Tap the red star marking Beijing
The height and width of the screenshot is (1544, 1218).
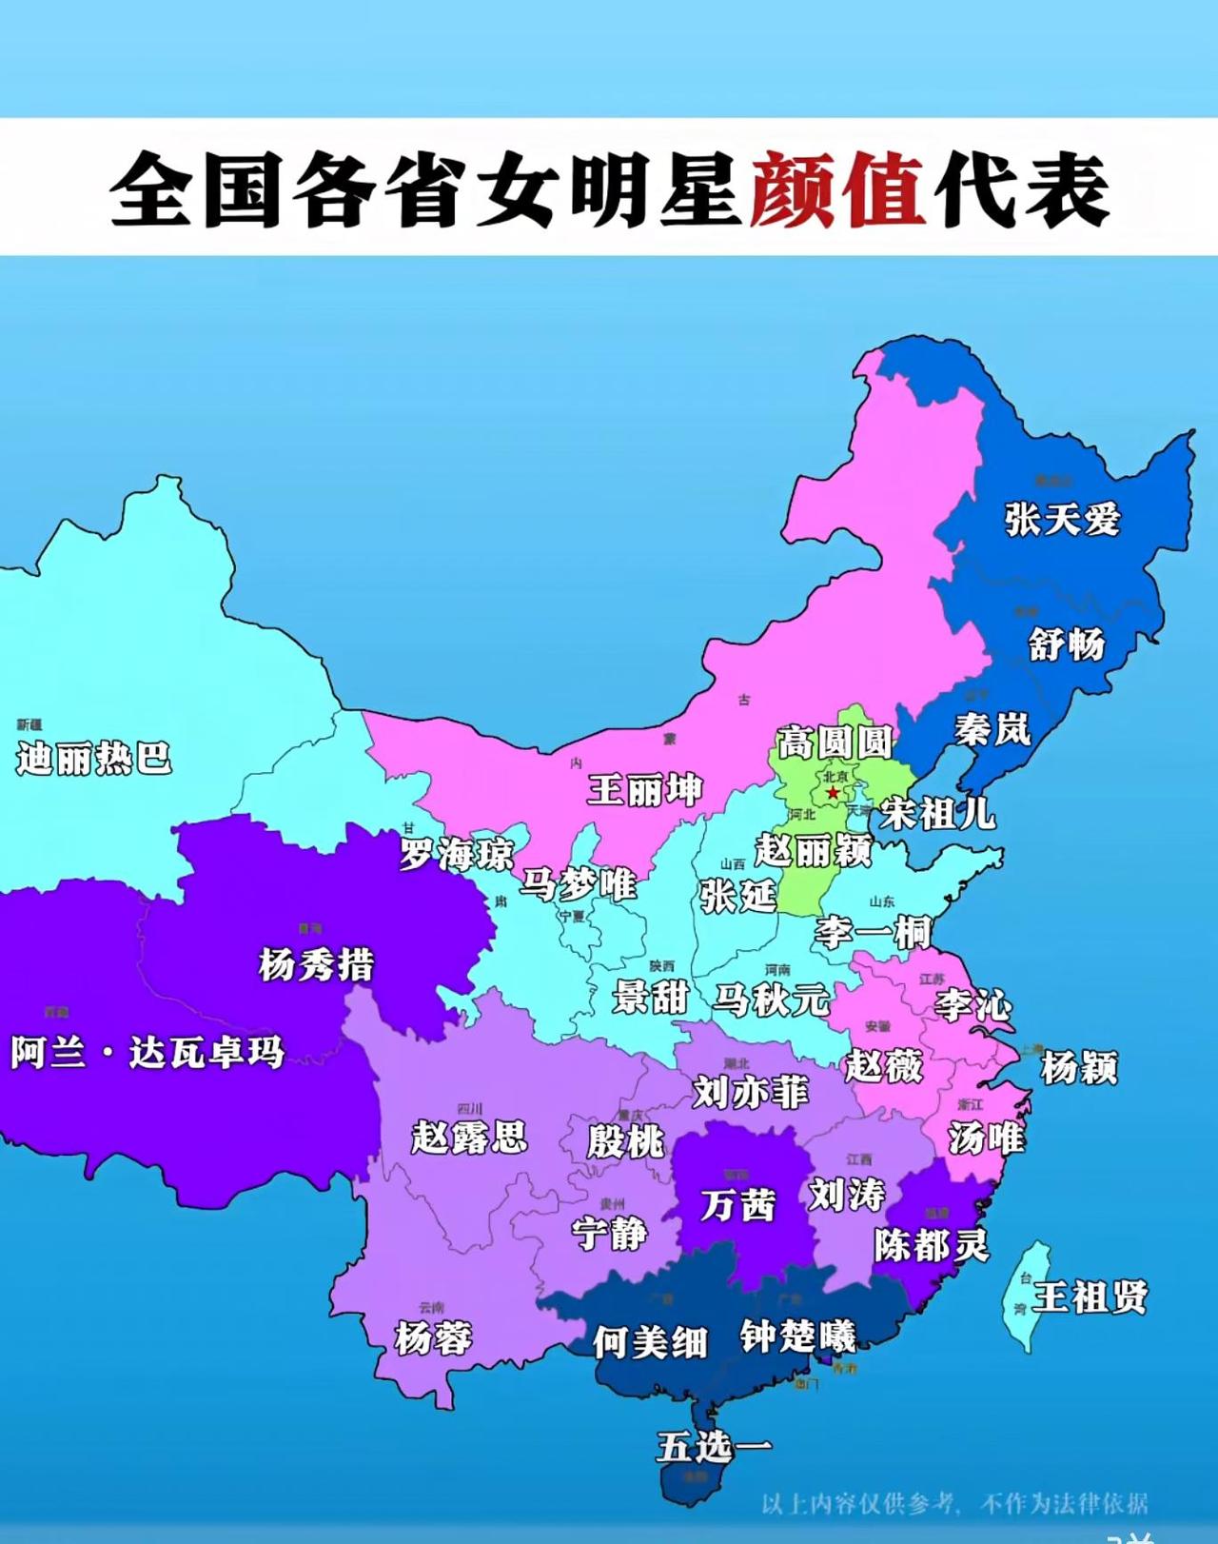[834, 792]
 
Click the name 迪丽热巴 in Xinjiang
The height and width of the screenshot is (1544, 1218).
[93, 759]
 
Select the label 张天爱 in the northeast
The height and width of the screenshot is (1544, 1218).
[1063, 520]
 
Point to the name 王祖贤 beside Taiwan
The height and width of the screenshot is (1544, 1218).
[1090, 1297]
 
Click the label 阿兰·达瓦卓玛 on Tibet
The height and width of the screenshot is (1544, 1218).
[147, 1053]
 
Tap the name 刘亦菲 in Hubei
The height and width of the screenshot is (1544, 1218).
[751, 1092]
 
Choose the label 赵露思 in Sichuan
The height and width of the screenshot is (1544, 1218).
[469, 1137]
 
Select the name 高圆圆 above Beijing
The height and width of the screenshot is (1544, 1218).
[835, 742]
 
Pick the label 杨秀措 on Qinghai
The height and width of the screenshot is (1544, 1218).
[317, 965]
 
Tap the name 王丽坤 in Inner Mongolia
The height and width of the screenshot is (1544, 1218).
[644, 790]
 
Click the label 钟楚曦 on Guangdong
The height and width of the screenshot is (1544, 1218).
[798, 1336]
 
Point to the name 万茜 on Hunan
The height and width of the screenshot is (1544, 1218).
[738, 1205]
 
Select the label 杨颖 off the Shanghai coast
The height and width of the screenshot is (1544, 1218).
[1079, 1068]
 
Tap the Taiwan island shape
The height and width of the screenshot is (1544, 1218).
[1028, 1295]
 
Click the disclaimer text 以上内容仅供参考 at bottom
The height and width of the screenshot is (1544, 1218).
[856, 1504]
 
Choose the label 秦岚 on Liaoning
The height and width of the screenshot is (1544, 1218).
[992, 730]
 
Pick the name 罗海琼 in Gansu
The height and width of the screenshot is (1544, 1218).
[456, 854]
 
